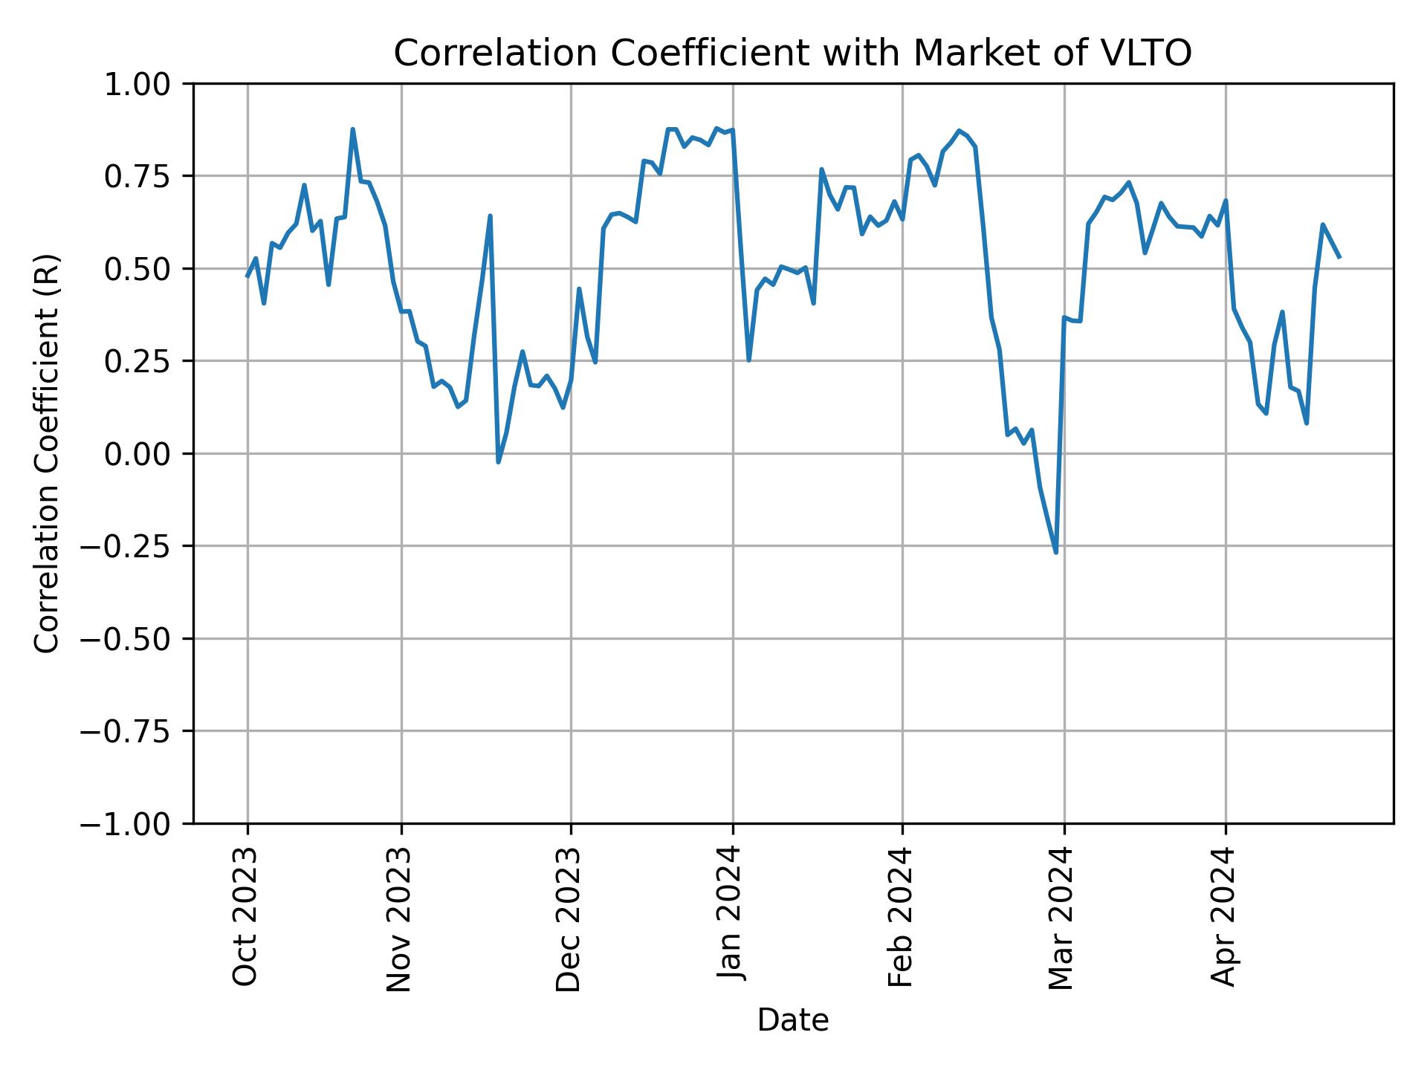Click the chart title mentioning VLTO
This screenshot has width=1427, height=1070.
(x=792, y=53)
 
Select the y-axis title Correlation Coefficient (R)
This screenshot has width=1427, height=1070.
(x=47, y=453)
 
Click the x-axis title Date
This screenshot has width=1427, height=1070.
(x=792, y=1021)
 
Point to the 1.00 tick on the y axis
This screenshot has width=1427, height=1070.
(x=138, y=84)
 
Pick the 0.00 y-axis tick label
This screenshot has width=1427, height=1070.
(x=138, y=454)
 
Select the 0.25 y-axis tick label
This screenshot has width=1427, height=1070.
(x=138, y=361)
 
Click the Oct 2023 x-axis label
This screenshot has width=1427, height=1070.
(x=245, y=916)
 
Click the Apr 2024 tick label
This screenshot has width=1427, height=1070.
(x=1223, y=916)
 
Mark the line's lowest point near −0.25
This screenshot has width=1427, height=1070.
(x=1056, y=552)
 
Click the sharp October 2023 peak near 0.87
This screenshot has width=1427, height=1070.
(x=353, y=129)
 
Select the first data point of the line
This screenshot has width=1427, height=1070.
(x=247, y=276)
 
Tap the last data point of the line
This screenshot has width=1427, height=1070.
(x=1339, y=257)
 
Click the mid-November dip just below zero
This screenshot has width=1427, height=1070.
(x=498, y=461)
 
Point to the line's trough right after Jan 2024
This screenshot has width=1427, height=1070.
(x=748, y=360)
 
